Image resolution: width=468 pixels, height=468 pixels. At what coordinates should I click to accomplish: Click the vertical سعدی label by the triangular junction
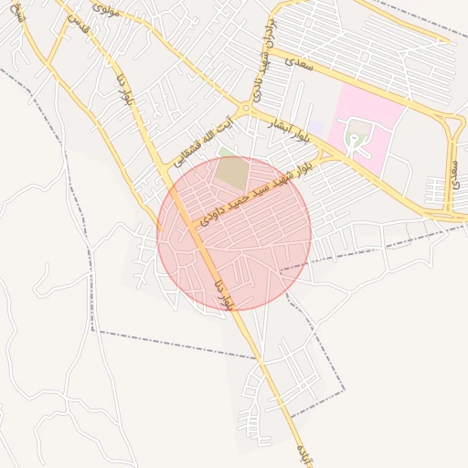454,173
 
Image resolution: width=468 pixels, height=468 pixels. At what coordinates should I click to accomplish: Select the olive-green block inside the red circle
233,174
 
